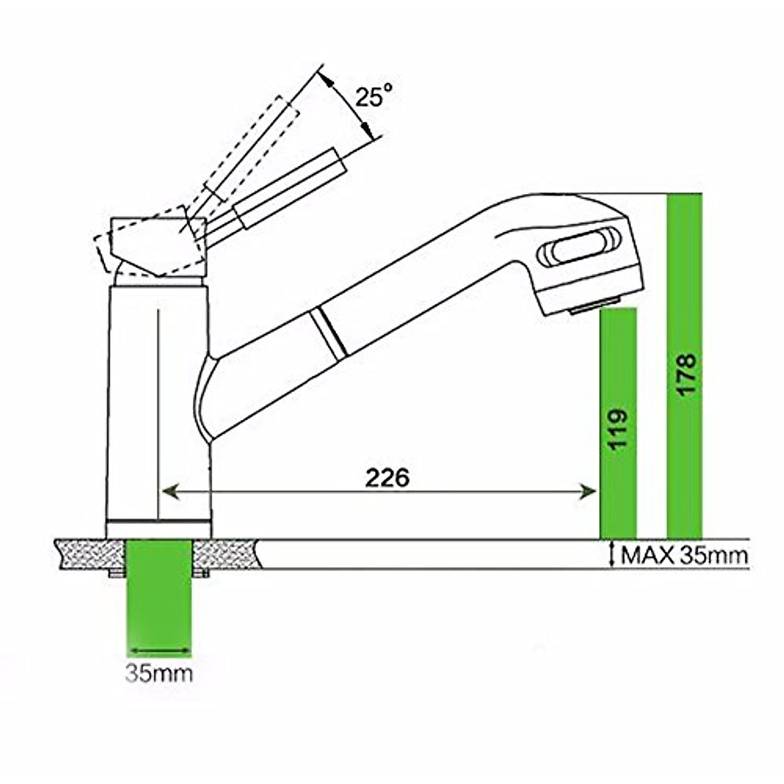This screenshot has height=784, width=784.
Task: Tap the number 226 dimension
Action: coord(387,478)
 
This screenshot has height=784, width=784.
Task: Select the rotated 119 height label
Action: coord(618,429)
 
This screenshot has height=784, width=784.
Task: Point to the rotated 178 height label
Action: coord(686,374)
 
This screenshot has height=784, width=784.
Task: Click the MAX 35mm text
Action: coord(683,555)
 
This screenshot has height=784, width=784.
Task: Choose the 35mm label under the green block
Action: coord(159,674)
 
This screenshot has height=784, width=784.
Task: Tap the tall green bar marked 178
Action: coord(685,366)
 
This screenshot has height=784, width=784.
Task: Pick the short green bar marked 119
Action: coord(618,425)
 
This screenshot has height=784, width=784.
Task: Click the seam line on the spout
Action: coord(327,333)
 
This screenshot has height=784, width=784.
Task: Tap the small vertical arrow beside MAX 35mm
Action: coord(612,554)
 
